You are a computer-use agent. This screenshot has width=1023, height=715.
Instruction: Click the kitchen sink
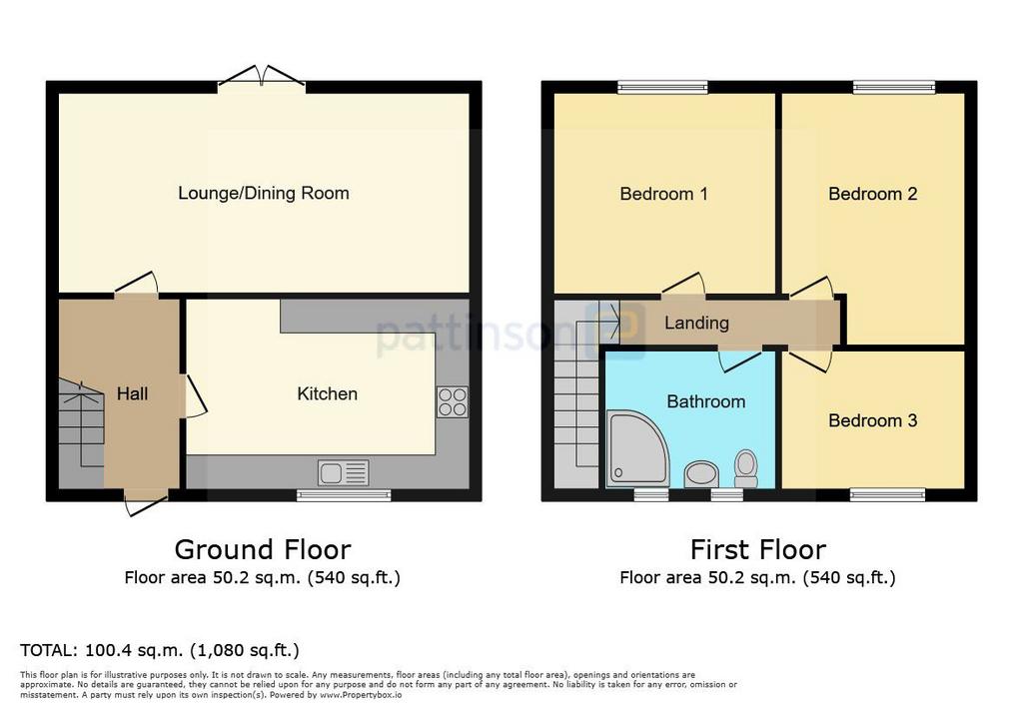tap(344, 473)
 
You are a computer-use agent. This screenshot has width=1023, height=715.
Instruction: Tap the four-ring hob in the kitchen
tap(453, 401)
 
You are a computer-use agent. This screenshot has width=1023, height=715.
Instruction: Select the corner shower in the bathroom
tap(636, 448)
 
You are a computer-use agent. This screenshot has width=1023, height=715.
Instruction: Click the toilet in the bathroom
tap(745, 468)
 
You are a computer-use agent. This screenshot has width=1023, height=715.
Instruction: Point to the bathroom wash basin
tap(701, 473)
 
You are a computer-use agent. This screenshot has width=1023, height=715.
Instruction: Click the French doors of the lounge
tap(262, 76)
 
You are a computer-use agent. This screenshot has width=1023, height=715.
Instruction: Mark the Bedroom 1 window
tap(662, 87)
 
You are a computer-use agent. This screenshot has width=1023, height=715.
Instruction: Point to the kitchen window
tap(344, 495)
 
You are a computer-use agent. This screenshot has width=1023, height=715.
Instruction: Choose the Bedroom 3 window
tap(887, 495)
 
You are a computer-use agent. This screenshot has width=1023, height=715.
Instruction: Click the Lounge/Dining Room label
tap(264, 193)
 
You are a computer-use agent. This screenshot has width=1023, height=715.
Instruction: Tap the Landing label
tap(696, 323)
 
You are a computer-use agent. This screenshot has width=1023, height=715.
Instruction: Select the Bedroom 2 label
tap(873, 194)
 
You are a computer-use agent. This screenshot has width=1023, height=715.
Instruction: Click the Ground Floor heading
tap(263, 549)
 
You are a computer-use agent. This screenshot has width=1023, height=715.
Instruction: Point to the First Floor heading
tap(758, 549)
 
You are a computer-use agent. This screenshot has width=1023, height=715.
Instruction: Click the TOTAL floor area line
tap(160, 650)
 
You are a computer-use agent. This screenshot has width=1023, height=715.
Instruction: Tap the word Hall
tap(133, 393)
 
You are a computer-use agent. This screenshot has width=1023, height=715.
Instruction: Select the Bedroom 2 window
tap(894, 87)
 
